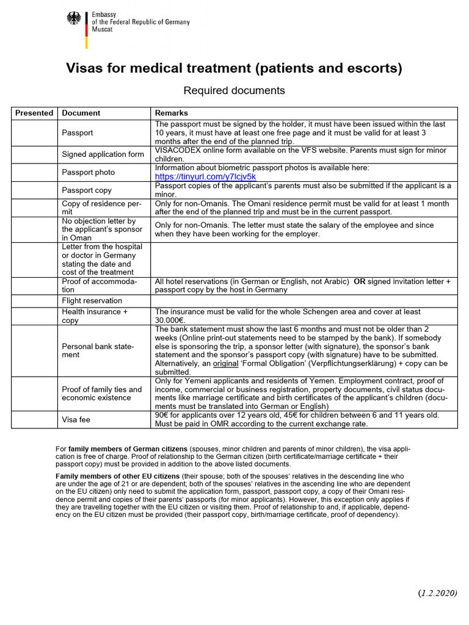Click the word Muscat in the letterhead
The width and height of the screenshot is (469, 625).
point(103,29)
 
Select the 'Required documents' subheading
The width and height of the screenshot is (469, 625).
point(234,90)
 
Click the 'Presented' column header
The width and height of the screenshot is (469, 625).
point(34,113)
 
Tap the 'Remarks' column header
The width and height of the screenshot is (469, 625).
point(172,113)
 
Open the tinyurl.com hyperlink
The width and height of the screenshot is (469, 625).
point(206,176)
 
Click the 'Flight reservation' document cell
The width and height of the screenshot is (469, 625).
point(92,301)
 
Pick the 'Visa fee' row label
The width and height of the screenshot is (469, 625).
point(77,420)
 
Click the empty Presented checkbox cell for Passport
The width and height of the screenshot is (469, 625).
point(34,132)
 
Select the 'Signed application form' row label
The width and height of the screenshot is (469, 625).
point(103,154)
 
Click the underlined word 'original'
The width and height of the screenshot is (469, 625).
point(225,363)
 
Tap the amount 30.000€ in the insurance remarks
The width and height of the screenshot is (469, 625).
point(172,320)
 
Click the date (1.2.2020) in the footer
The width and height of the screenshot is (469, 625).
point(437,593)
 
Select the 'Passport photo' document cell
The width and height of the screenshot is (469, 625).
point(88,172)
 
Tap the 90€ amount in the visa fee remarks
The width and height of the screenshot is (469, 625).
point(162,415)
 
